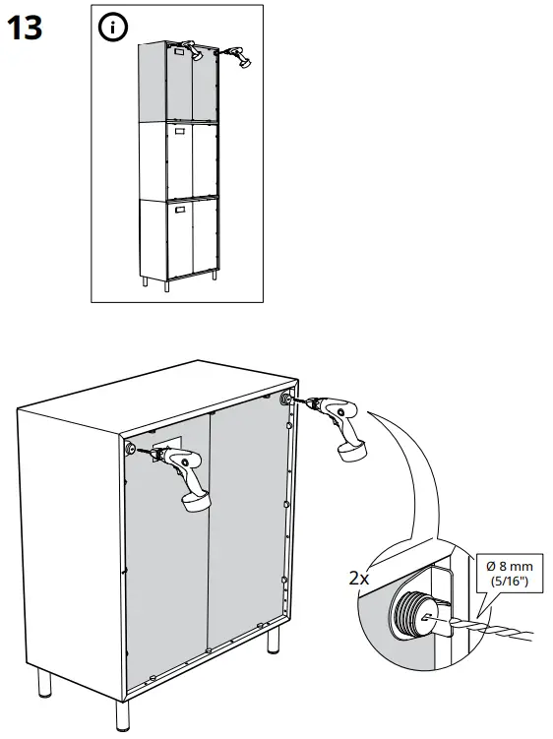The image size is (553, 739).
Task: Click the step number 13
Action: click(26, 28)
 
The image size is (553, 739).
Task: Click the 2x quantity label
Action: click(359, 579)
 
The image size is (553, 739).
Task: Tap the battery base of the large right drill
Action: click(353, 450)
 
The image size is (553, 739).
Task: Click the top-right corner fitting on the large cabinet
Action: click(286, 399)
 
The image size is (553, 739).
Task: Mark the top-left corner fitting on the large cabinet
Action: click(131, 449)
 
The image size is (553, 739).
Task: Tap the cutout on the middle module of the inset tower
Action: click(180, 130)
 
